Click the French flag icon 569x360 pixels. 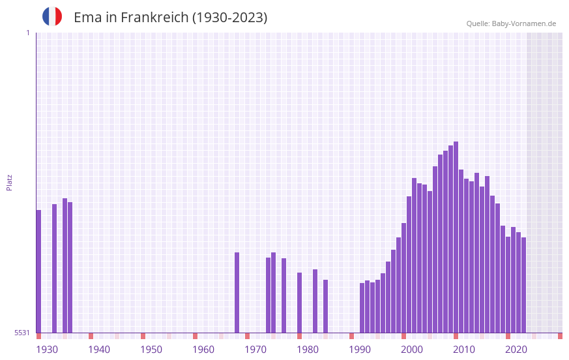coord(52,16)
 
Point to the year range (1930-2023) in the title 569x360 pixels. coord(229,18)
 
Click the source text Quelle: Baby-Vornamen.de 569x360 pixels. coord(511,23)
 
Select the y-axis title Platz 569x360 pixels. coord(9,182)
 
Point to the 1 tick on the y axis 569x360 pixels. coord(27,33)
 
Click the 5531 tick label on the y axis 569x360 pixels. coord(22,333)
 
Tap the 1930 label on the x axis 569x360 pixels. coord(47,350)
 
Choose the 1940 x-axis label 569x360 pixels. coord(99,350)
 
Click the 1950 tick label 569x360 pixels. coord(151,350)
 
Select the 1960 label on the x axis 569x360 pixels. coord(203,350)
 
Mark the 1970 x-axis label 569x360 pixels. coord(255,350)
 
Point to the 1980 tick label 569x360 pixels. coord(308,350)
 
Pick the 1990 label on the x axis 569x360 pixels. coord(360,350)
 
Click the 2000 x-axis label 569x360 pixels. coord(412,350)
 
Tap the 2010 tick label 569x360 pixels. coord(464,350)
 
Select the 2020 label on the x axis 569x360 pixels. coord(516,350)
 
